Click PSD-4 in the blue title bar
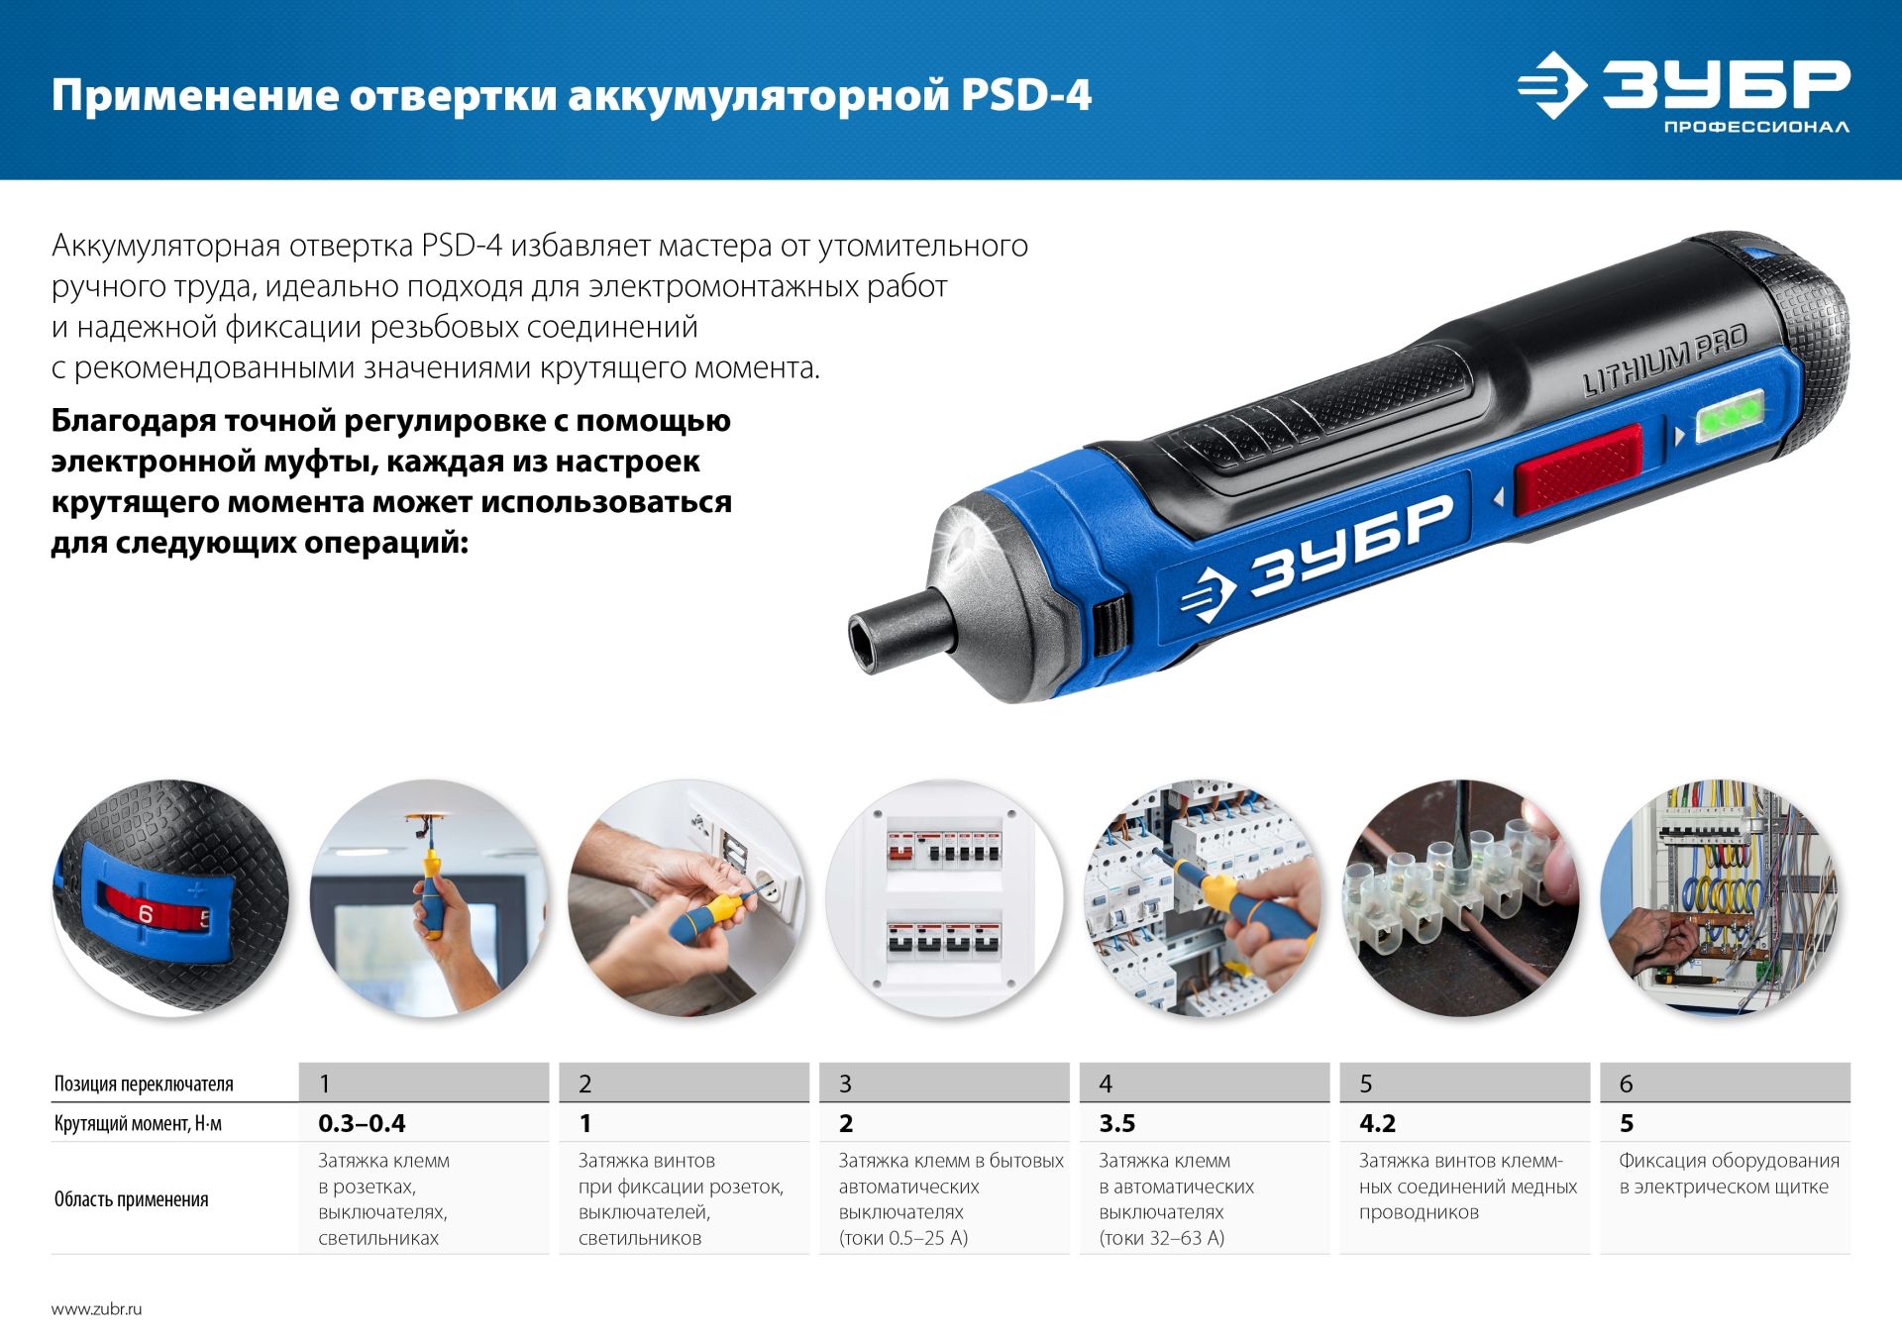coord(1025,96)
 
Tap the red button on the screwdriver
coord(1577,466)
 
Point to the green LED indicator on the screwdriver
coord(1730,416)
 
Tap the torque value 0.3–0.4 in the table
coord(362,1123)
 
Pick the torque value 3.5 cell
coord(1117,1123)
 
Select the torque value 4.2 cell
coord(1378,1123)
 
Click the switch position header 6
coord(1626,1084)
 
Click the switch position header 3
coord(845,1084)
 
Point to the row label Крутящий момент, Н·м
coord(138,1123)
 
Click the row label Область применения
coord(131,1199)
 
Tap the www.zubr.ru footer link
coord(96,1308)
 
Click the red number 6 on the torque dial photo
coord(146,914)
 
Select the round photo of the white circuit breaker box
coord(943,897)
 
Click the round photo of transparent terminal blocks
coord(1460,897)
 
